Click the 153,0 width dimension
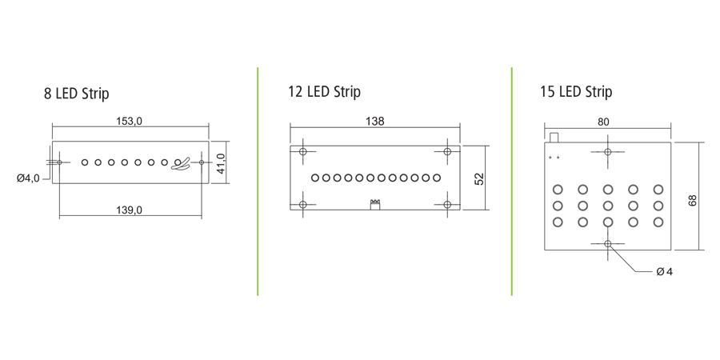(x=130, y=122)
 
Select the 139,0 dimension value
(x=130, y=210)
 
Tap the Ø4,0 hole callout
(x=28, y=178)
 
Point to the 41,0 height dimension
(x=221, y=163)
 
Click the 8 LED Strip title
(x=76, y=94)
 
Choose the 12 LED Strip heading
(x=324, y=91)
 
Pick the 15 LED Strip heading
(x=576, y=91)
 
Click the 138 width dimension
(x=374, y=122)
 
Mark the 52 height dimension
(x=479, y=178)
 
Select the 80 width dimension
(x=603, y=122)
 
